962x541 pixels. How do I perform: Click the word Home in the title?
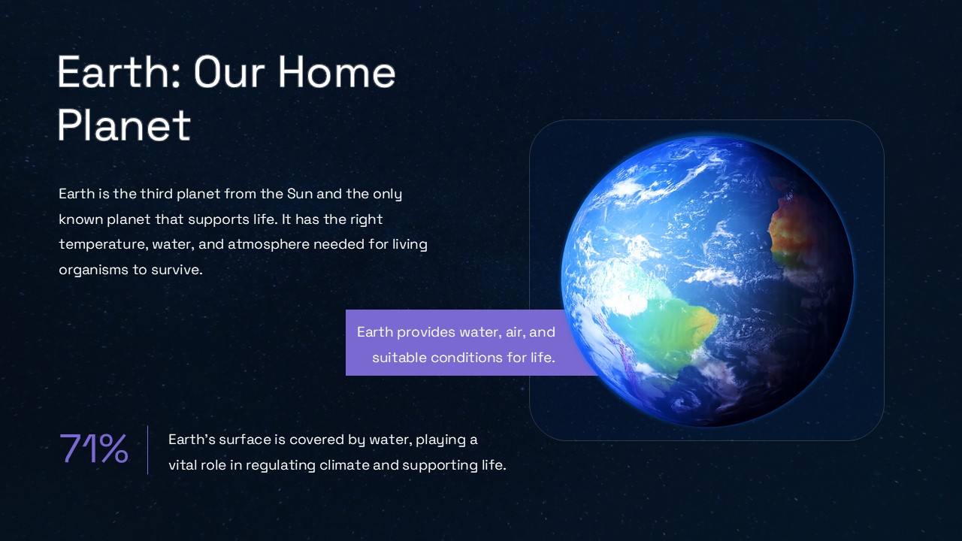[337, 73]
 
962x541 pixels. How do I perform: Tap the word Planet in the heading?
[124, 125]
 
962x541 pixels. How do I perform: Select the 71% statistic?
[93, 449]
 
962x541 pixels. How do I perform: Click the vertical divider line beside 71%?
[148, 450]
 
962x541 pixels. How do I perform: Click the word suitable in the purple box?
[398, 358]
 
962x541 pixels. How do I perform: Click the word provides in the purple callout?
[425, 332]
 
